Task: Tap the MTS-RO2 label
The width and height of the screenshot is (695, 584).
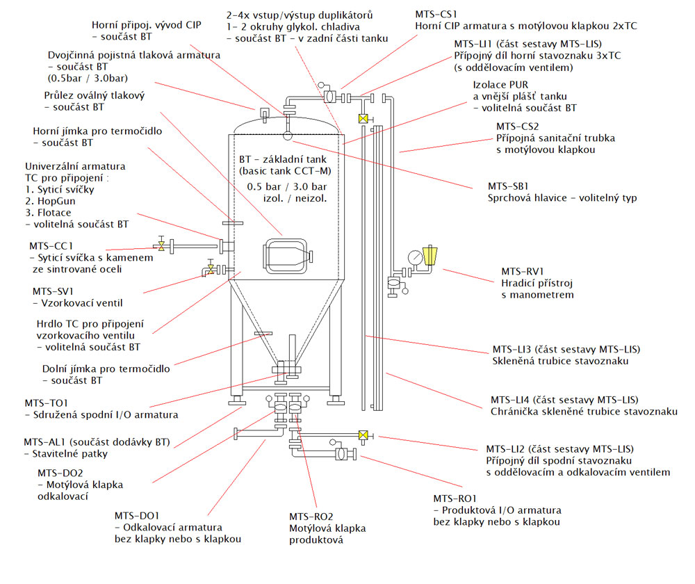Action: pyautogui.click(x=311, y=517)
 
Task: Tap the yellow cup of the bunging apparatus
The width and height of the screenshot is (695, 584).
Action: pyautogui.click(x=430, y=255)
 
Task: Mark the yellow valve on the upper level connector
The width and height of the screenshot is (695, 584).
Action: pyautogui.click(x=362, y=119)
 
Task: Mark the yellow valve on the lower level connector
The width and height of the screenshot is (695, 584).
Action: pyautogui.click(x=362, y=436)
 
